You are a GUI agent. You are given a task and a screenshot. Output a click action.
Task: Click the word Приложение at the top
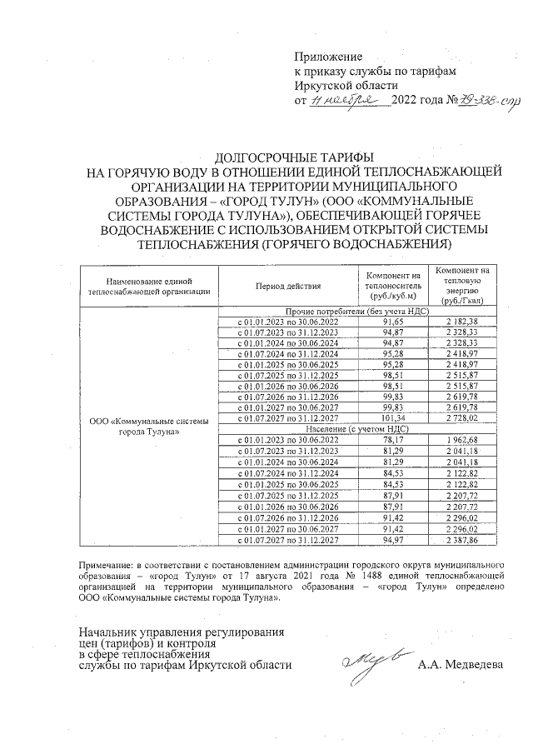point(329,57)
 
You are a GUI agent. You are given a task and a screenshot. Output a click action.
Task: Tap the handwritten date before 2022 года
point(349,101)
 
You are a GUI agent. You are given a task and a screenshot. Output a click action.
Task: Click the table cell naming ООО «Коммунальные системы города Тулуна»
point(149,427)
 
